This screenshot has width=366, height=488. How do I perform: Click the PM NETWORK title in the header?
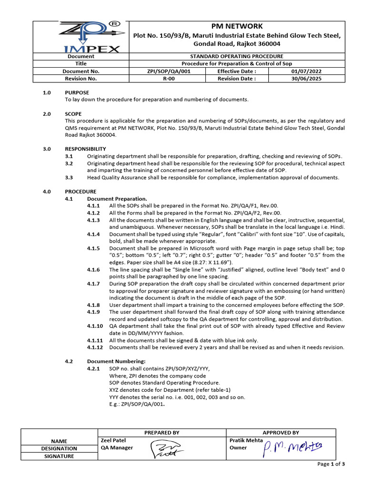(237, 26)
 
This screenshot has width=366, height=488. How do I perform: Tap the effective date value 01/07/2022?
(309, 71)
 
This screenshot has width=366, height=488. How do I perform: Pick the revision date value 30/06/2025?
(309, 79)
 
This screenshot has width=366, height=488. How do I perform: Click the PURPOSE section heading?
(77, 92)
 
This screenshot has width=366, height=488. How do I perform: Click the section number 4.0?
(47, 192)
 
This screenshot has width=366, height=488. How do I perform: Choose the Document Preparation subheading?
(117, 199)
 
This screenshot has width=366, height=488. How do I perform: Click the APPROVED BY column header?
(281, 433)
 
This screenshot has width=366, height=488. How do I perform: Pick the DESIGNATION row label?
(59, 448)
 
